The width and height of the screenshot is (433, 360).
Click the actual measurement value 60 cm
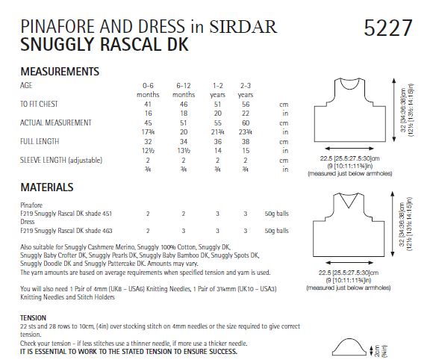[245, 122]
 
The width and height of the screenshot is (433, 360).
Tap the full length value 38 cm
[245, 141]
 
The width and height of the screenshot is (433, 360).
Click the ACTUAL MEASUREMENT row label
[57, 122]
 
